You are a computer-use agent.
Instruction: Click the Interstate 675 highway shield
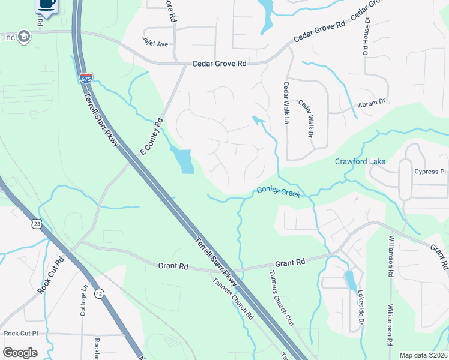[86, 78]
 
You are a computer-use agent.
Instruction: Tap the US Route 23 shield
[37, 224]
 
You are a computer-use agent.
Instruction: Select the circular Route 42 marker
[99, 293]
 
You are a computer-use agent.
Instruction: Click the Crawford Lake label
[360, 162]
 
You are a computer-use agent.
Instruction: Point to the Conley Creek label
[278, 191]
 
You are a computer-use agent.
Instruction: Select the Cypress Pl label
[430, 172]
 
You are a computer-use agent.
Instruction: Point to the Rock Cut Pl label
[20, 333]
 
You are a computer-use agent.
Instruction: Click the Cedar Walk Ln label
[286, 103]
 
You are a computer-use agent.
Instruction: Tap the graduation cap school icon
[24, 37]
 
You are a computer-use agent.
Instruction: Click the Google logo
[20, 353]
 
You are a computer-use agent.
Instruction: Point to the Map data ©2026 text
[423, 355]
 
